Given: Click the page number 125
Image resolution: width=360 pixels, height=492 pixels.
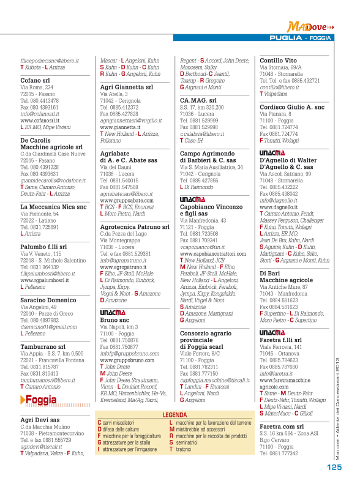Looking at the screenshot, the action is click(x=333, y=467).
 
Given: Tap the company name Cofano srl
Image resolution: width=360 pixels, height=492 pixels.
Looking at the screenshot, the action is click(x=35, y=80).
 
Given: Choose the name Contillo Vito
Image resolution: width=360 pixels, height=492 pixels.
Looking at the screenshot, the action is click(x=278, y=61).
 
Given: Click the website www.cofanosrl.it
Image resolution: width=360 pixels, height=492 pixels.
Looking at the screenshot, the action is click(x=40, y=121).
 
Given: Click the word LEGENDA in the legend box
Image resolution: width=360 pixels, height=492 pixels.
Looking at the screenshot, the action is click(x=174, y=415).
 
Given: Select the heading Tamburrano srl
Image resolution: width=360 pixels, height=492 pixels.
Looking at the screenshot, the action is click(x=42, y=346).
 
